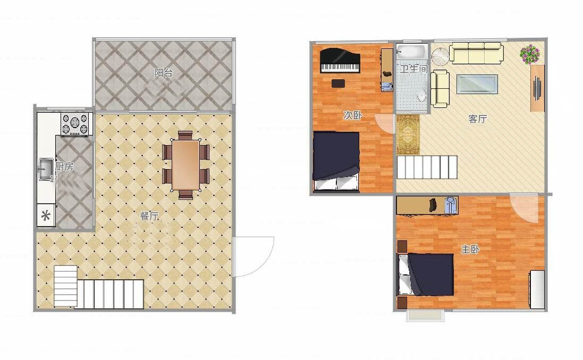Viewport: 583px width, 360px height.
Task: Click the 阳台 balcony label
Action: [164, 72]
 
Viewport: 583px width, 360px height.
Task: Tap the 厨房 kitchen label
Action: [64, 166]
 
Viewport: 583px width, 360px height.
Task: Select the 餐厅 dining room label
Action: [149, 216]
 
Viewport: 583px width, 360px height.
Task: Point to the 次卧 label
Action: [352, 115]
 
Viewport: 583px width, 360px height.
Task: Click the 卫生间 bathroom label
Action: [414, 69]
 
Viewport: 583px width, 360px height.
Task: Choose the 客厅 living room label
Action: [478, 119]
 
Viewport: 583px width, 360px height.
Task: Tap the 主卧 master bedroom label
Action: [470, 249]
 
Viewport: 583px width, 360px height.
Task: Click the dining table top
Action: [186, 164]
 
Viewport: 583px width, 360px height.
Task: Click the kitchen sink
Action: [46, 169]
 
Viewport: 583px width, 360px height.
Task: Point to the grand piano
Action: [340, 60]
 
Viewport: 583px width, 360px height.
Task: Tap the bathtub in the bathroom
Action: [412, 52]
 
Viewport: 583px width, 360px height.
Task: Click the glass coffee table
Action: [477, 84]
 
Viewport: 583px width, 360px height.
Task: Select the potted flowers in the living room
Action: [530, 54]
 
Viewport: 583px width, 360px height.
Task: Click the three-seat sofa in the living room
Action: [477, 53]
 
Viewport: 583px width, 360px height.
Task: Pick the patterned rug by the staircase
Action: [408, 134]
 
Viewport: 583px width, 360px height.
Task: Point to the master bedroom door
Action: [524, 208]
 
